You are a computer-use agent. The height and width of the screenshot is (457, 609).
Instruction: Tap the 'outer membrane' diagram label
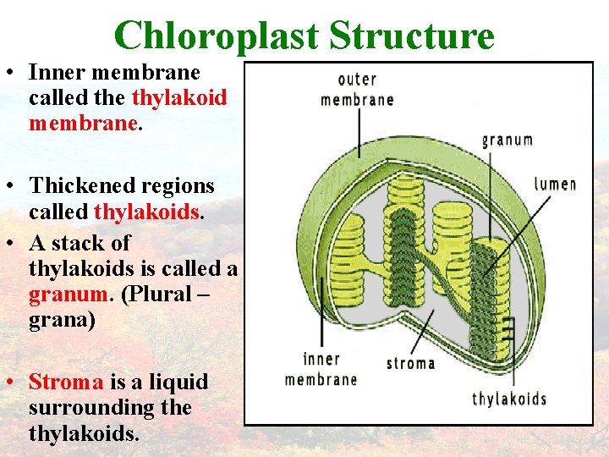(357, 89)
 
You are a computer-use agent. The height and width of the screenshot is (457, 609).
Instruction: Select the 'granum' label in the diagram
(507, 140)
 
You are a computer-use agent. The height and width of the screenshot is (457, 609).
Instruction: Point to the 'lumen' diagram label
(555, 183)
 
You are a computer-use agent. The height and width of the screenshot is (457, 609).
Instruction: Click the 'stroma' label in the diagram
(410, 363)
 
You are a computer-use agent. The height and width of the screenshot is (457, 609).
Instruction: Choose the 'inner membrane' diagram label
(321, 369)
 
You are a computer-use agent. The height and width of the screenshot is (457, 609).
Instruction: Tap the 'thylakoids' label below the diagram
(509, 399)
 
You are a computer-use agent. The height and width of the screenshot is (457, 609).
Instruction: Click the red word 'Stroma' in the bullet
(66, 382)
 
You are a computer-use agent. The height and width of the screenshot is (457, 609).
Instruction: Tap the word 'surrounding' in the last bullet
(86, 408)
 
